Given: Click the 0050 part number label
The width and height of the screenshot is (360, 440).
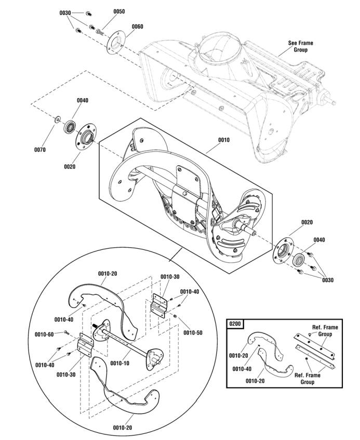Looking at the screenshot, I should pos(118,11).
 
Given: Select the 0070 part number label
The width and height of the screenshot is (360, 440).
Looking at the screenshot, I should pos(40,150).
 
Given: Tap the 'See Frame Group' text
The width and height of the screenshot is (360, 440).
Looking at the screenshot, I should pos(300,46).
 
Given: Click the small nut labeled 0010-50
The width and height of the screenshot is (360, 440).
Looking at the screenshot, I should pos(176,316).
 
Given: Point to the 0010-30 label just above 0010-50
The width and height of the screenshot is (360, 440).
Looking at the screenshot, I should pos(169,276).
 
